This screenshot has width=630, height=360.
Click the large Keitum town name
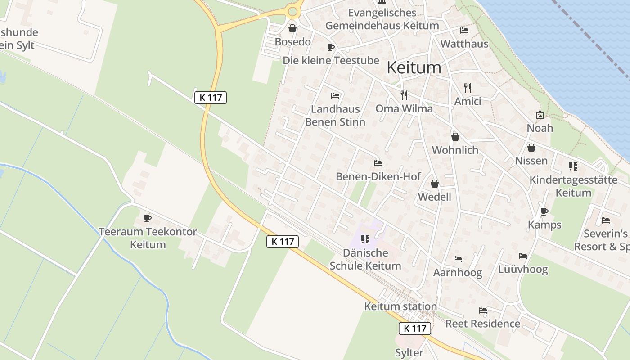click(x=414, y=67)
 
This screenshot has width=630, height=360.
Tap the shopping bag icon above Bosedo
click(x=292, y=29)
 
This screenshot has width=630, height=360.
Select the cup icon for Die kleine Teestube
click(x=331, y=48)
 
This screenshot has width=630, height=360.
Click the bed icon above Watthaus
click(x=464, y=31)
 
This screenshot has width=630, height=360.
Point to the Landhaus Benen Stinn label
click(x=335, y=115)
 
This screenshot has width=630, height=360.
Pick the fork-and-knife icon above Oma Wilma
click(x=404, y=95)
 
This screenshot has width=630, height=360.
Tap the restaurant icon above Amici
click(x=468, y=88)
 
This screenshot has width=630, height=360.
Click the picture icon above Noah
click(x=540, y=115)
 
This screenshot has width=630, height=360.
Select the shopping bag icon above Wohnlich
click(x=455, y=137)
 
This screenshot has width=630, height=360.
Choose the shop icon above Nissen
click(x=531, y=148)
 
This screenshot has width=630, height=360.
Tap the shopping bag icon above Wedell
click(x=435, y=184)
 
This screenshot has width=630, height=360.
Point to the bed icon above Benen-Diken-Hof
click(x=378, y=163)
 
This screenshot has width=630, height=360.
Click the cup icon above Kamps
click(x=544, y=211)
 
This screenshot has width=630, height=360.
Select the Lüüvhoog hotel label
click(x=523, y=269)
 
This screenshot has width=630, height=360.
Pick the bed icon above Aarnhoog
click(x=458, y=259)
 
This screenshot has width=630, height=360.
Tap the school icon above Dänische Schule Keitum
click(x=365, y=239)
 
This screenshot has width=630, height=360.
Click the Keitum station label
click(x=400, y=306)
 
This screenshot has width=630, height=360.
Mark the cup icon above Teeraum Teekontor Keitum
click(x=147, y=219)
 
